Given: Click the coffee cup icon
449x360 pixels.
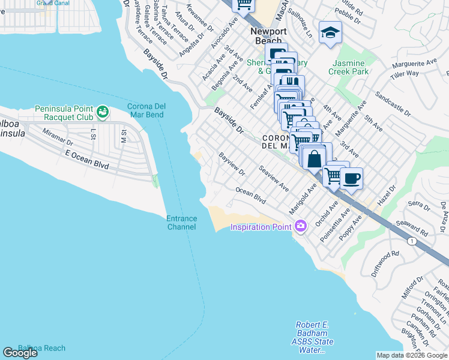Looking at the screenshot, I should pyautogui.click(x=351, y=178).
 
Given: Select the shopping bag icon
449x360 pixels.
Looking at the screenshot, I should pyautogui.click(x=314, y=160).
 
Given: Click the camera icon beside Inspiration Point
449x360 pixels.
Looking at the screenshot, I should pyautogui.click(x=300, y=226).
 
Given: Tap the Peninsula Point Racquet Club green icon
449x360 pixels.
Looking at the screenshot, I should pyautogui.click(x=103, y=111).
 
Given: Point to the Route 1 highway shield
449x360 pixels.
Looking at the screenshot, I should pyautogui.click(x=411, y=241).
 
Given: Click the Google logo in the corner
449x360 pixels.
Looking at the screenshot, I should pyautogui.click(x=20, y=353).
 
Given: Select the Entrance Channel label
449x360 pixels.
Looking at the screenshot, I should pyautogui.click(x=181, y=223).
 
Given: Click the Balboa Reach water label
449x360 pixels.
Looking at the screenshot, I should pyautogui.click(x=41, y=347).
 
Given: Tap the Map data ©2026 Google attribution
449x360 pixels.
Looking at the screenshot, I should pyautogui.click(x=412, y=355).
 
